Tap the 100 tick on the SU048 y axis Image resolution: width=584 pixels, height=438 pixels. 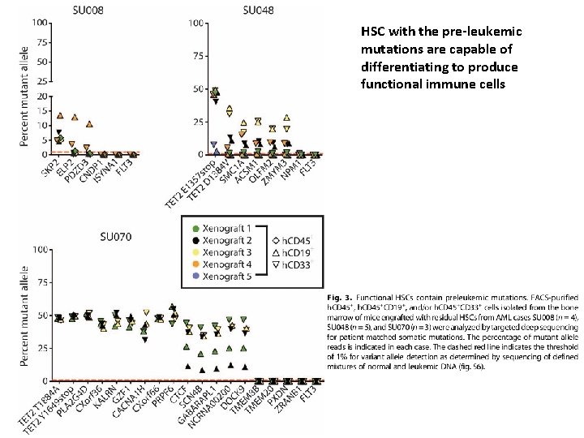coord(195,23)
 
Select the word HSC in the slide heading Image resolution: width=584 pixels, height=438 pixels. coord(372,32)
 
